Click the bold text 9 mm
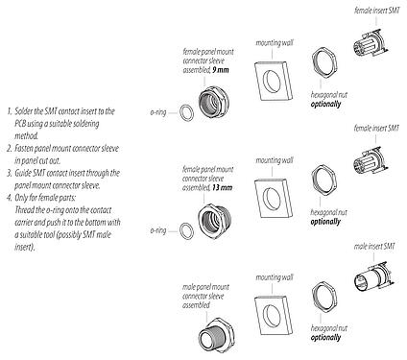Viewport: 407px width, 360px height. tap(223, 70)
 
